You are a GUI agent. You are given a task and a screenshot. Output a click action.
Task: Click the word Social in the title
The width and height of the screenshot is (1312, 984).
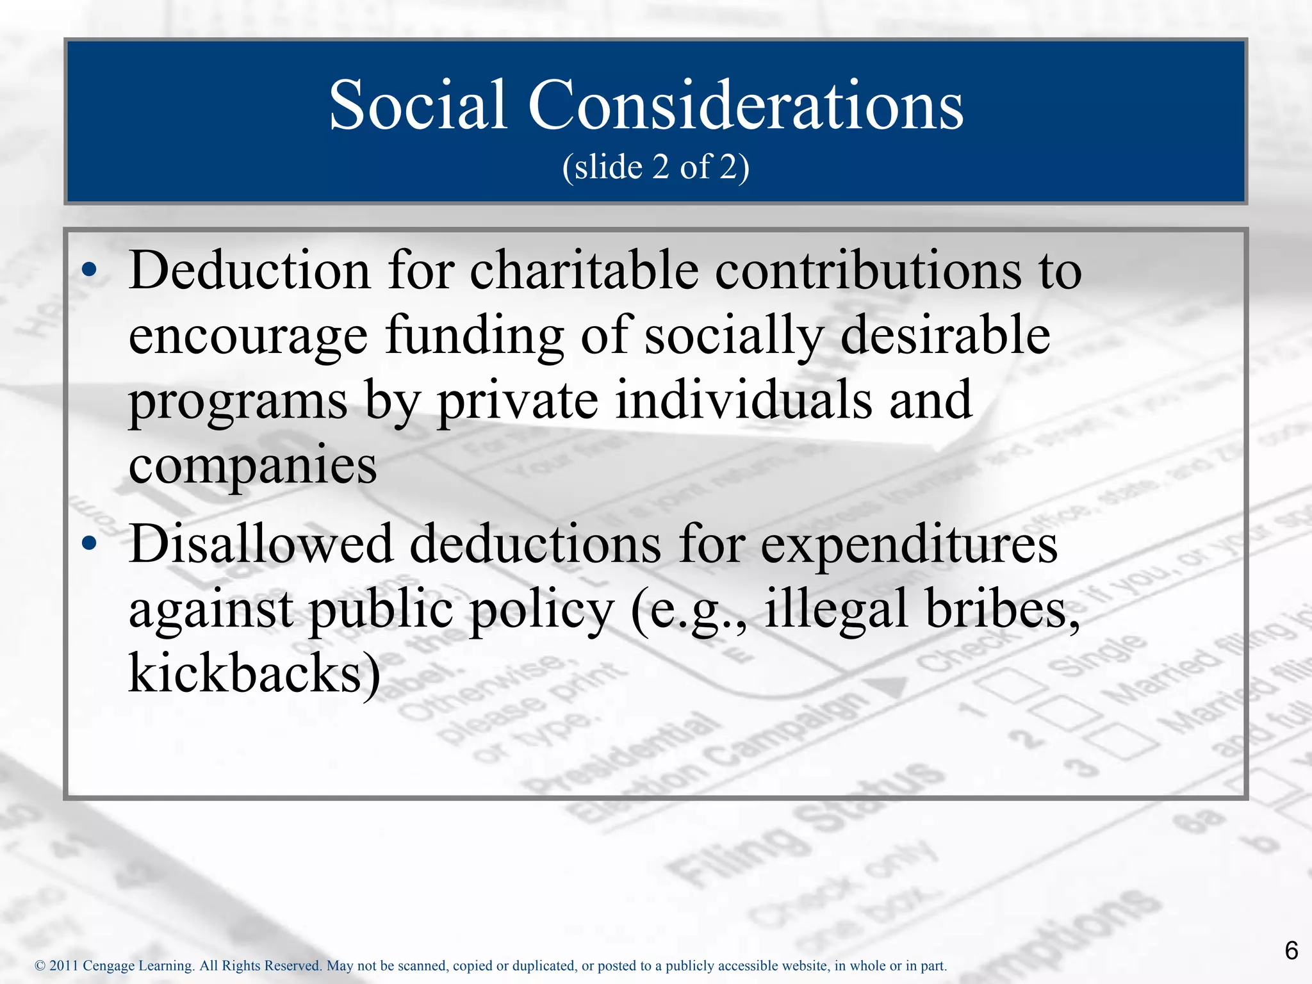[x=418, y=106]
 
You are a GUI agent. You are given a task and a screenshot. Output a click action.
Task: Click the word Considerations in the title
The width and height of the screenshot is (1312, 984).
[x=745, y=106]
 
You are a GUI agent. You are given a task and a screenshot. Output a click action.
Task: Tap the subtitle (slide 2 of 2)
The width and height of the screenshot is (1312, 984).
[x=655, y=167]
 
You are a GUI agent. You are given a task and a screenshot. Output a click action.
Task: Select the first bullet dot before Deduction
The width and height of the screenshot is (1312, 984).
[x=90, y=271]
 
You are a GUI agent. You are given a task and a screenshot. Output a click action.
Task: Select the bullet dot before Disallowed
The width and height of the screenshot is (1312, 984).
[x=90, y=544]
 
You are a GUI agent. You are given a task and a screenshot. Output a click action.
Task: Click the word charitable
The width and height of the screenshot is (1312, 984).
[x=584, y=271]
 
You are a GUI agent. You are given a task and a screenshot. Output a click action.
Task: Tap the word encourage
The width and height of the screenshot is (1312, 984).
[x=248, y=337]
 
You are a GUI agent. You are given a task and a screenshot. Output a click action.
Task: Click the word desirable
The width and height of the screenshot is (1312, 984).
[x=945, y=336]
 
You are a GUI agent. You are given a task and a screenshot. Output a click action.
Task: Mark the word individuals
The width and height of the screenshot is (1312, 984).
[x=744, y=400]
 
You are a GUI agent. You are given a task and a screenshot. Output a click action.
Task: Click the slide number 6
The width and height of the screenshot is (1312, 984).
[x=1291, y=950]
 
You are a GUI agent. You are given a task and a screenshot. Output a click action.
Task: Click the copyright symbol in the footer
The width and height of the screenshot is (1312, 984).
[x=40, y=965]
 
